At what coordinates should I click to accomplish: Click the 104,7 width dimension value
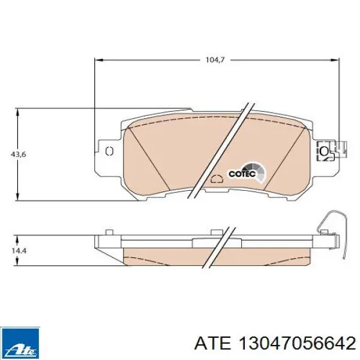pos(215,60)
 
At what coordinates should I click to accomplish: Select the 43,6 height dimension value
pos(19,154)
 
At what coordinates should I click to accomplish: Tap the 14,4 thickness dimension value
pos(19,250)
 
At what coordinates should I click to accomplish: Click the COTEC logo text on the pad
pos(242,174)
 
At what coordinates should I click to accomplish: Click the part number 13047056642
pos(298,343)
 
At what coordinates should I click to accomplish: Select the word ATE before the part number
pos(212,343)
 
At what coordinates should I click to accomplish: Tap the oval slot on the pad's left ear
pos(109,151)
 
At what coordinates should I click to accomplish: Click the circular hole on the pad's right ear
pos(324,151)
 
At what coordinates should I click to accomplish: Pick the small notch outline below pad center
pos(217,179)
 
